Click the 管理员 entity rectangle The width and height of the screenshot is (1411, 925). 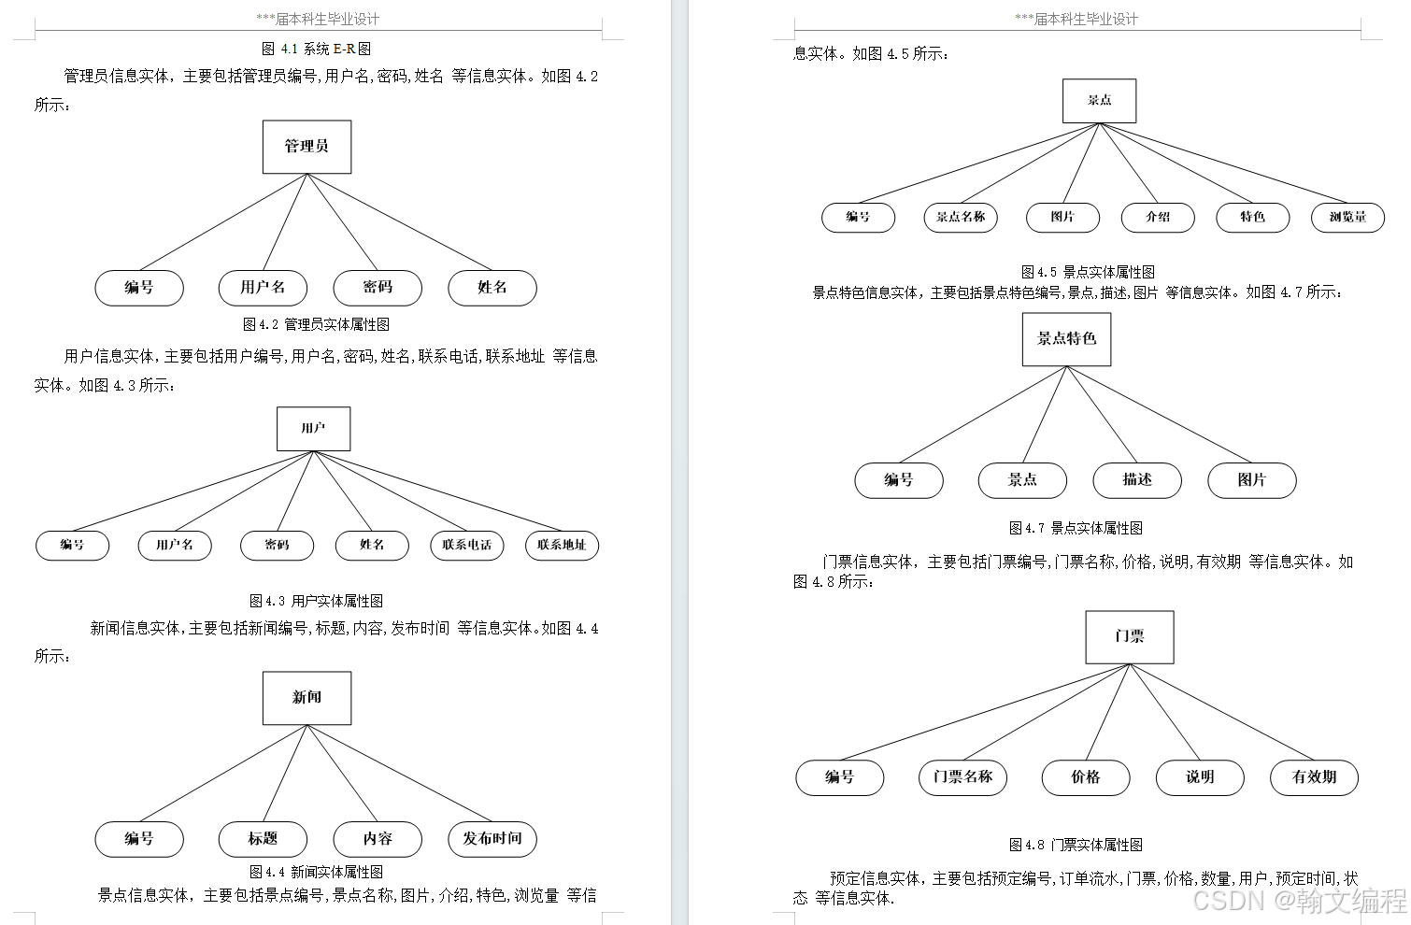306,147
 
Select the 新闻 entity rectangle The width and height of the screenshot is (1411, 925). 306,698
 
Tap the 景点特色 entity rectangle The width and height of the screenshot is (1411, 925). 1066,339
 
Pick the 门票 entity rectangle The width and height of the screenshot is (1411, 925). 1129,637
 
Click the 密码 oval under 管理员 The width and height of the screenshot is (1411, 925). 378,288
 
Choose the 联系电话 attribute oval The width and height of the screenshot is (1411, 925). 466,546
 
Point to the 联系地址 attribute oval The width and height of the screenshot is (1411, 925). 561,546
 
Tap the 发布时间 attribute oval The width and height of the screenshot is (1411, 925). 492,839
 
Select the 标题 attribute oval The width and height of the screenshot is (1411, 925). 263,839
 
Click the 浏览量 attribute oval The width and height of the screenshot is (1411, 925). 1347,218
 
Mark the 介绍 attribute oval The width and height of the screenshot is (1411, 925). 1158,218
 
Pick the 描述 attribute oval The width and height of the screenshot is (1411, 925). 1137,480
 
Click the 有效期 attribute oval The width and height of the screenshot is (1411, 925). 1314,777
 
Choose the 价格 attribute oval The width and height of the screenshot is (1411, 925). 1086,777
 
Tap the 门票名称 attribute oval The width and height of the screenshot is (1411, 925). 962,777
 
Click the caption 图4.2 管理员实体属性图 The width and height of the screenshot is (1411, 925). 316,324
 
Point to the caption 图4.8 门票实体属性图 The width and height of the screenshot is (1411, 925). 1076,845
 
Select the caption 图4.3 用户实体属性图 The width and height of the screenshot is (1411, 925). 316,601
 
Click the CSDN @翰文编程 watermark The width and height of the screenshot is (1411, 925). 1300,901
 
